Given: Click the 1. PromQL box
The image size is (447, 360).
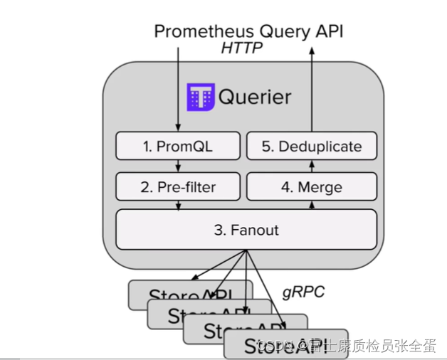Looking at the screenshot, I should (177, 147).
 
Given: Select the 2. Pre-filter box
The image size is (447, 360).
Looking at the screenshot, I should (177, 188).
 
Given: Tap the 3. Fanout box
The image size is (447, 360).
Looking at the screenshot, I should (246, 230).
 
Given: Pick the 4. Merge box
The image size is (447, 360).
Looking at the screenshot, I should (311, 188).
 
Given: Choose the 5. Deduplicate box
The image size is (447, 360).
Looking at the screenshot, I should (311, 147).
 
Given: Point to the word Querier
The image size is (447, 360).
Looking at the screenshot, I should (256, 97).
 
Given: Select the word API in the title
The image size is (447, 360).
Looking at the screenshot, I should (330, 31).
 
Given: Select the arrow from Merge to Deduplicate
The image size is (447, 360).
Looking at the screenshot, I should (311, 166).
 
